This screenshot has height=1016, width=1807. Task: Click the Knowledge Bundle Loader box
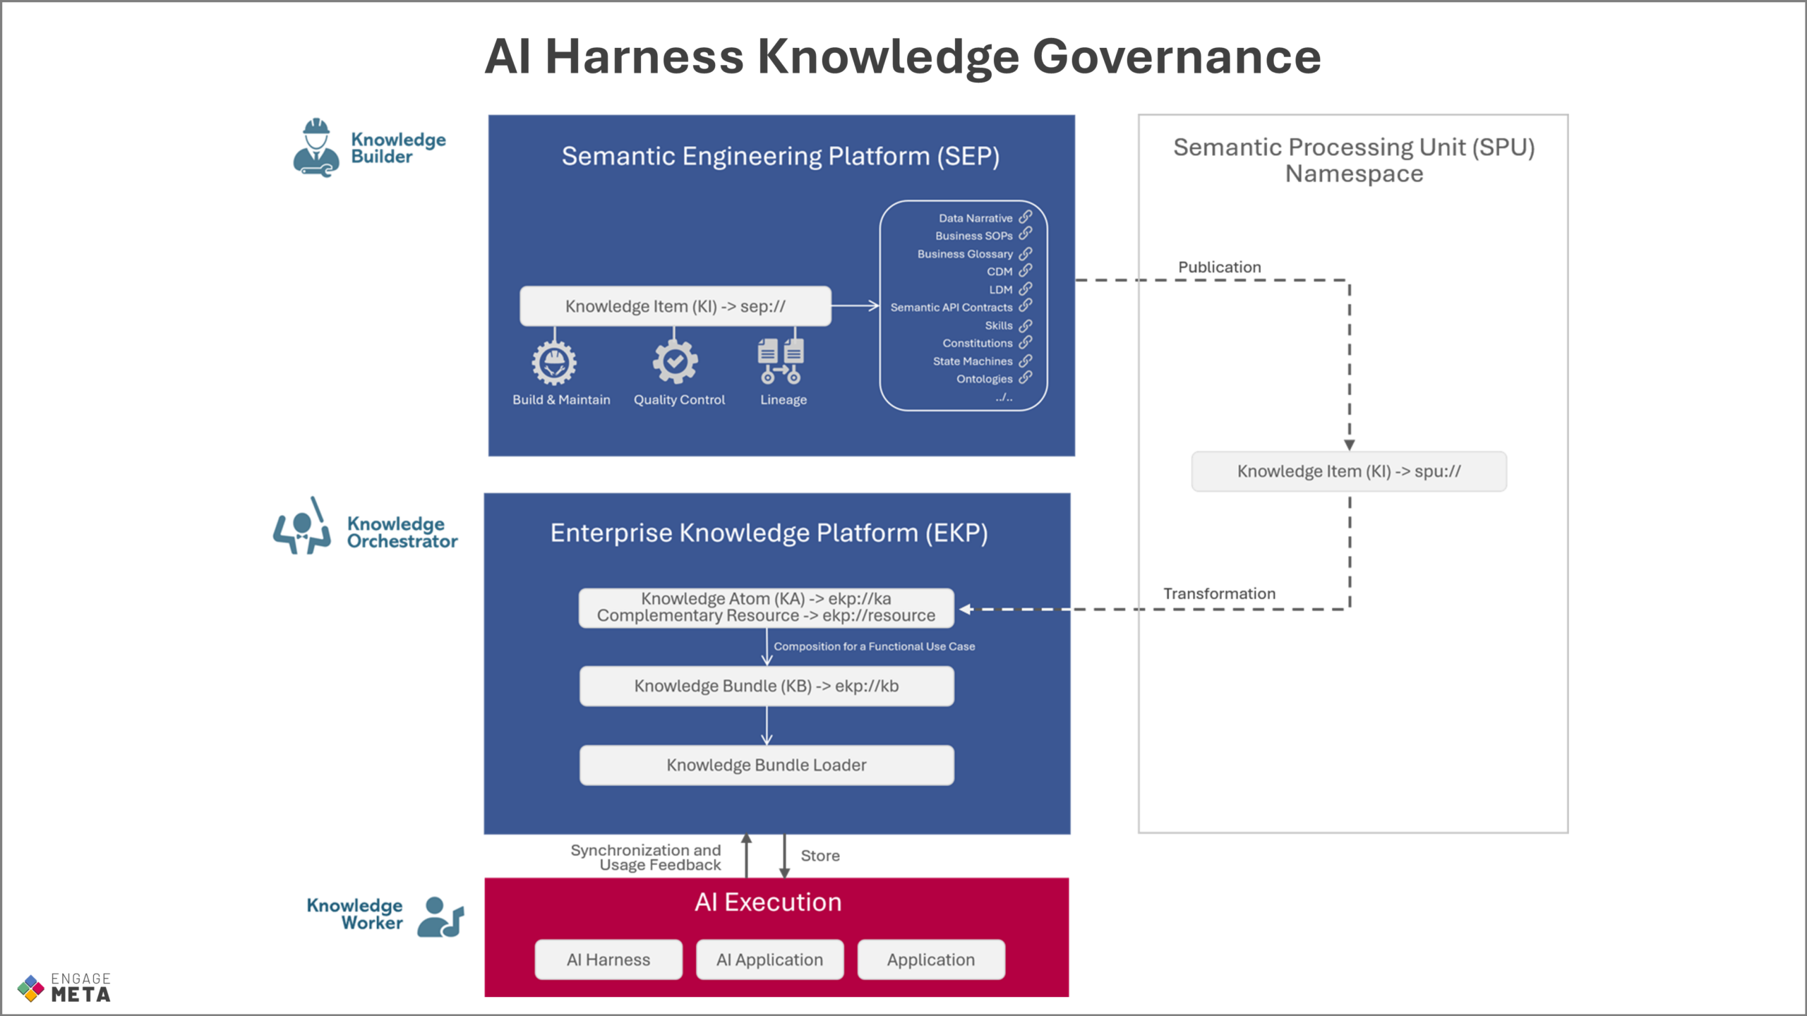[x=767, y=766]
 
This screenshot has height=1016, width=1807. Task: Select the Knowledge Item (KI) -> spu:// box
[x=1349, y=471]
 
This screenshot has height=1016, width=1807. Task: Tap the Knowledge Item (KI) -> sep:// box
[x=676, y=306]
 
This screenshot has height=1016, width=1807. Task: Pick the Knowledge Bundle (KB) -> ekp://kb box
[x=767, y=687]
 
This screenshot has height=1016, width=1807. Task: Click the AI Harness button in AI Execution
[x=608, y=960]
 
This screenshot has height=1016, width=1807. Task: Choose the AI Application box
[x=770, y=960]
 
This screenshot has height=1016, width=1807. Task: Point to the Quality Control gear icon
[x=675, y=362]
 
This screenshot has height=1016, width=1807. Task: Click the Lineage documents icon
[x=781, y=361]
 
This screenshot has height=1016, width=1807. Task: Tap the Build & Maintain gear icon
[x=554, y=363]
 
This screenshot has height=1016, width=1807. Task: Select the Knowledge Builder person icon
[x=316, y=147]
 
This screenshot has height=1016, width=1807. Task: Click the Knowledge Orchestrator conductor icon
[x=302, y=526]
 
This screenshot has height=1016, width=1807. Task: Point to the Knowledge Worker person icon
[x=440, y=917]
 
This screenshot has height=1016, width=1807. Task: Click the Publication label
[x=1220, y=267]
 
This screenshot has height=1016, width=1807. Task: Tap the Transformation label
[x=1220, y=594]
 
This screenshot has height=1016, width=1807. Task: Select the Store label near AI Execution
[x=820, y=856]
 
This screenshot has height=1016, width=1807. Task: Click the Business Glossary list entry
[x=965, y=254]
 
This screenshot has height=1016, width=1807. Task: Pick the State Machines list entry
[x=973, y=361]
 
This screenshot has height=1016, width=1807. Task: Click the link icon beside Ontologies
[x=1026, y=377]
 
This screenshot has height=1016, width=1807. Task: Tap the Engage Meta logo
[x=64, y=988]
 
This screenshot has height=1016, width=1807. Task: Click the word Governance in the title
[x=1177, y=56]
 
